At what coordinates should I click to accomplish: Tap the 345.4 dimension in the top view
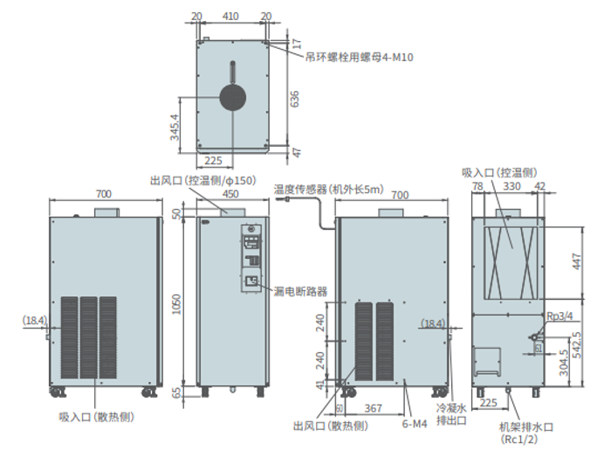(x=175, y=127)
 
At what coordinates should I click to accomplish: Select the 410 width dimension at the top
(x=231, y=17)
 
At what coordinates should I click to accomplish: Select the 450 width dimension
(x=231, y=194)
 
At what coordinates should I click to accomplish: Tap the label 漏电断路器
(x=299, y=291)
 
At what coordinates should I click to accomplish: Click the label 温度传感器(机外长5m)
(x=328, y=187)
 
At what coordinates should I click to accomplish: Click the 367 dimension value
(x=374, y=407)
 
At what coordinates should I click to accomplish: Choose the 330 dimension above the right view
(x=512, y=187)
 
